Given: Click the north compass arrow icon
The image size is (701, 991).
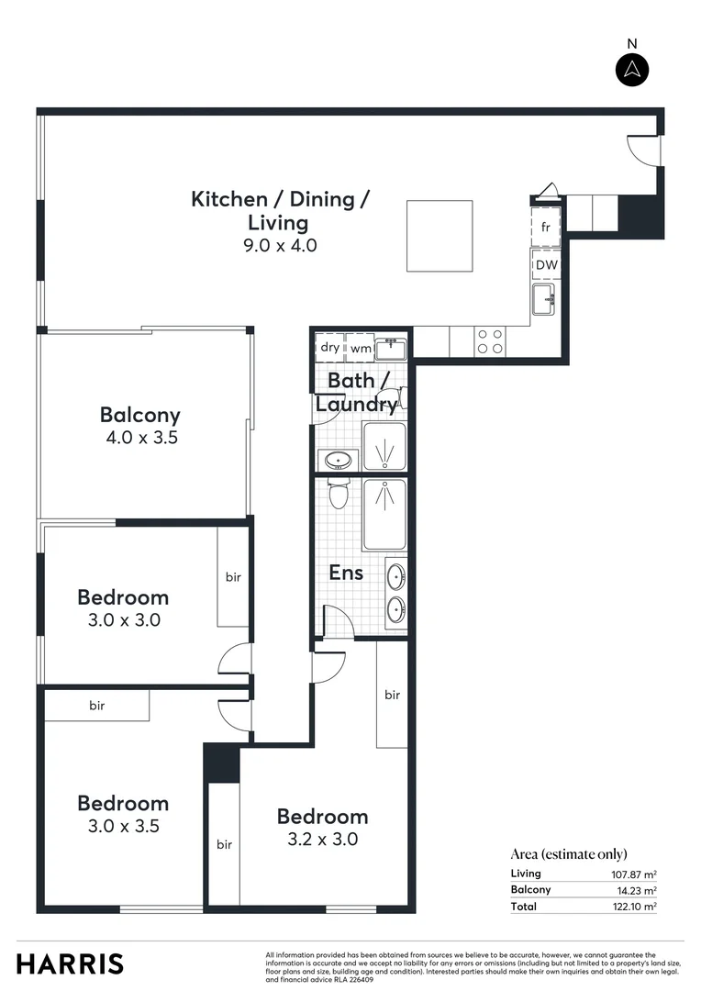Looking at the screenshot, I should click(631, 70).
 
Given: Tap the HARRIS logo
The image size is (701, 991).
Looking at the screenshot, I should click(70, 963).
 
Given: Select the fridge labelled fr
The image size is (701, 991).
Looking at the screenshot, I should click(545, 227).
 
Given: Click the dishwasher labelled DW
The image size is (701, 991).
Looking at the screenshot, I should click(546, 265).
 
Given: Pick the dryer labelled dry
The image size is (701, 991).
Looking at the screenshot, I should click(329, 348).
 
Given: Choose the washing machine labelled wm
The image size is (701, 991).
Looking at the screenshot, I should click(360, 348).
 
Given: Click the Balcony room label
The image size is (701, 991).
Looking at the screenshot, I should click(140, 415).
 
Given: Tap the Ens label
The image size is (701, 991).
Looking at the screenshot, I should click(346, 573).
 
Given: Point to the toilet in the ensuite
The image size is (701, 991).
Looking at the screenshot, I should click(338, 493).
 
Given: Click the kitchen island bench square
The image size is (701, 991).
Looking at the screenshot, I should click(440, 236).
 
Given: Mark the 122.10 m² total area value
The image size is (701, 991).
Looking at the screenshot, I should click(633, 907).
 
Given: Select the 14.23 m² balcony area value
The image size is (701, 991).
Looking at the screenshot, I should click(636, 890).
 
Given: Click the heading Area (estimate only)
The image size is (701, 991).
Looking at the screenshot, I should click(569, 854).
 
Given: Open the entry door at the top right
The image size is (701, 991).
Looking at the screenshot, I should click(644, 150).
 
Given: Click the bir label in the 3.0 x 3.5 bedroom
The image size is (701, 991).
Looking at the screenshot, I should click(97, 706).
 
